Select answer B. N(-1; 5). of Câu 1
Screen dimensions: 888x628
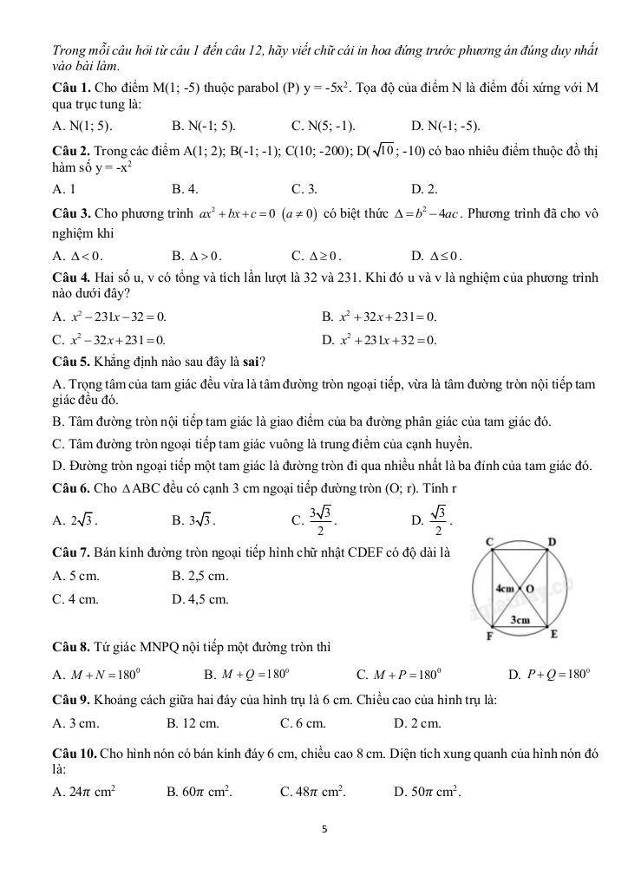(x=204, y=126)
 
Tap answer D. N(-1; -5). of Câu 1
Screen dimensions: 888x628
(x=446, y=126)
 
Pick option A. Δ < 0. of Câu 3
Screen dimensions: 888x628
(x=77, y=256)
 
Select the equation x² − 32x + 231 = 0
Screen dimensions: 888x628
(x=109, y=339)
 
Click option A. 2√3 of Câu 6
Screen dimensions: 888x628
(x=75, y=521)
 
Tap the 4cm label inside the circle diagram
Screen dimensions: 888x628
(x=505, y=588)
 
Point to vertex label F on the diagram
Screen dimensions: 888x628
(x=489, y=637)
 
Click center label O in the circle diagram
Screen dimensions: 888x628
(x=529, y=589)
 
